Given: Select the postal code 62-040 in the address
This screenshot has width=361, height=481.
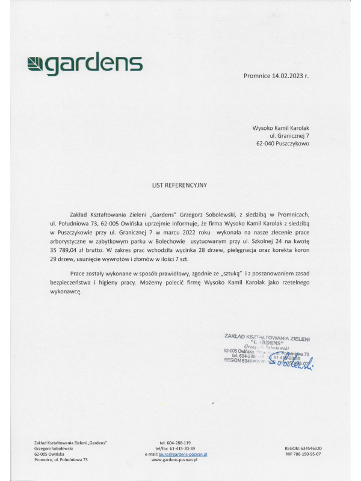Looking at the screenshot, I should pyautogui.click(x=265, y=144).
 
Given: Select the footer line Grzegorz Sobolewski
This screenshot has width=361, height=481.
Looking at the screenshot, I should pyautogui.click(x=54, y=449).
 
